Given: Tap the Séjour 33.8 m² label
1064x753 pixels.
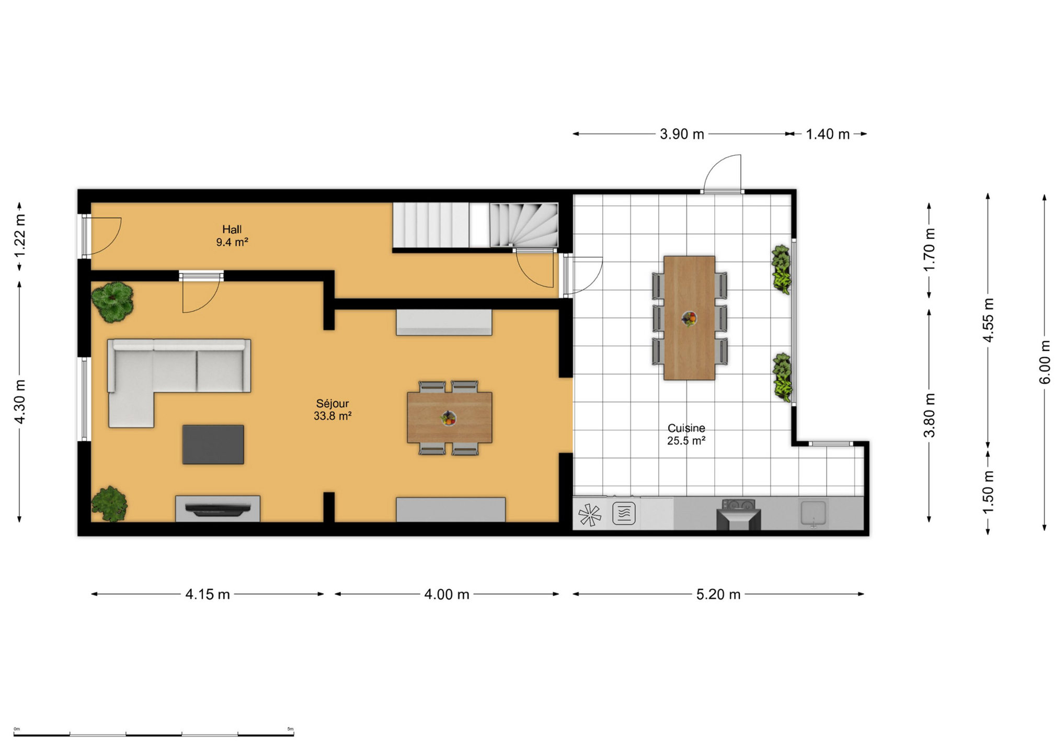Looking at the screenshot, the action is point(332,409).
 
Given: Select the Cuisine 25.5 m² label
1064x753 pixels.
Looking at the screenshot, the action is point(686,434).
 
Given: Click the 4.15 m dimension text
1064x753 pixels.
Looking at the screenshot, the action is point(208,594).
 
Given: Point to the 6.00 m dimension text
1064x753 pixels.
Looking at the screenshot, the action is point(1044,362).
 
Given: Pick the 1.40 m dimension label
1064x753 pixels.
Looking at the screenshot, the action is point(827,134).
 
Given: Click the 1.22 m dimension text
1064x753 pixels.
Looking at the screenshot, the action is point(20,236).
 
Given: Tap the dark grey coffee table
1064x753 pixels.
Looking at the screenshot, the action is point(213,444).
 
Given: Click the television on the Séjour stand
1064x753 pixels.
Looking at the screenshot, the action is point(218,509).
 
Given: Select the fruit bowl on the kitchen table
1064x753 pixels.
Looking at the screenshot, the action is point(689,317).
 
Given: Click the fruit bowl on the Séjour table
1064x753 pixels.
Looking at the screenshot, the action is point(448,418).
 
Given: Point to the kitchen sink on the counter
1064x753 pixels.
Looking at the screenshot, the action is point(813,513).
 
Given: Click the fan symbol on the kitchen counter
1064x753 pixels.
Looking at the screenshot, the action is point(590,515).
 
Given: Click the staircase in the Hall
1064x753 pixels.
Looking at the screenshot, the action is point(475,225).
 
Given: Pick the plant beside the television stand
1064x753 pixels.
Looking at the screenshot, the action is point(109,504).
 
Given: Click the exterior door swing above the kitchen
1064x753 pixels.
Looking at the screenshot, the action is point(722,173).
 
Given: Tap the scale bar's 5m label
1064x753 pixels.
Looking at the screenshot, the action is point(290,729).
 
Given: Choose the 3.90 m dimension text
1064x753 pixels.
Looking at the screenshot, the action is point(682,134).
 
